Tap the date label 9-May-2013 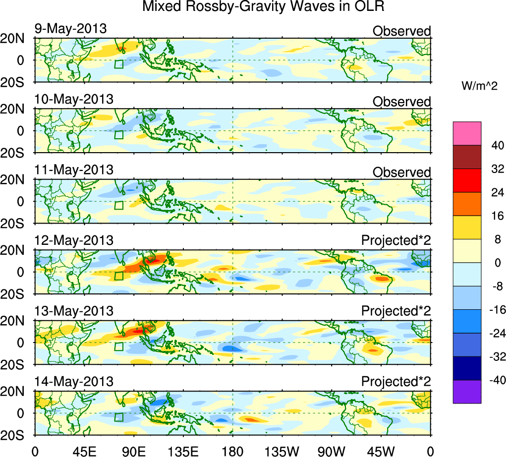[x=70, y=29]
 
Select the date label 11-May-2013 [x=73, y=170]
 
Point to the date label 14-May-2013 [x=73, y=382]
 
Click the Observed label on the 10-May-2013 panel [x=401, y=102]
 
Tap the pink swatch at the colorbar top [x=467, y=133]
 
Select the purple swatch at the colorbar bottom [x=467, y=392]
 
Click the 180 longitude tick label [x=232, y=451]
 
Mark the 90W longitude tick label [x=332, y=451]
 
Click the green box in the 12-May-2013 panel [x=118, y=276]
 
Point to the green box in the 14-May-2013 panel [x=118, y=417]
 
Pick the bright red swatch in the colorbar [x=467, y=180]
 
